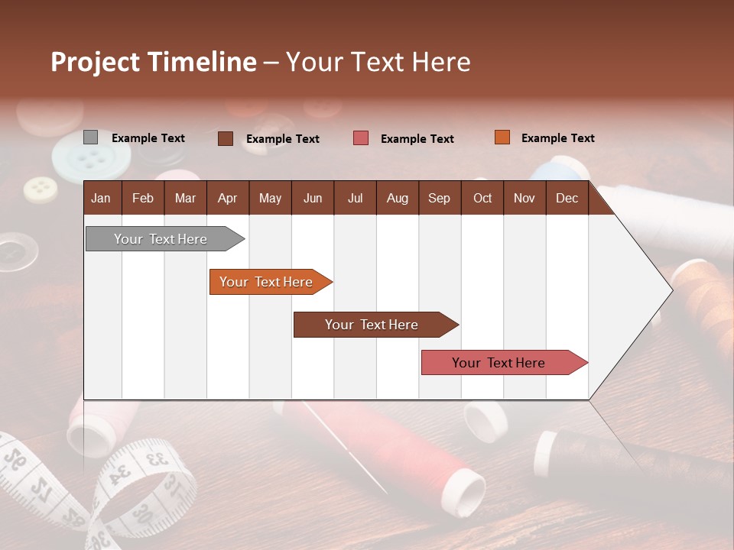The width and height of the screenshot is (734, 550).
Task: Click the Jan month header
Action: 101,198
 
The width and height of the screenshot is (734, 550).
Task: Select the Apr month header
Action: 227,198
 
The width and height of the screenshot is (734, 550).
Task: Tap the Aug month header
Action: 397,198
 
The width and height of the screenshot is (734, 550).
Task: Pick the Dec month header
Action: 567,198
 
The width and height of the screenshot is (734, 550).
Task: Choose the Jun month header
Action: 312,198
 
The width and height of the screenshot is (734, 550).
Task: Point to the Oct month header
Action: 482,198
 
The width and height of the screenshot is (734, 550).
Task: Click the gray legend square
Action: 90,137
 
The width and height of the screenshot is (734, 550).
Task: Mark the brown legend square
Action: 226,138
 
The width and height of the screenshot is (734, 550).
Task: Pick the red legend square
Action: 361,138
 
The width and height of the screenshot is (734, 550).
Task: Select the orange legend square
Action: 502,137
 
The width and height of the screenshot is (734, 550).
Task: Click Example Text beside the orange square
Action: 557,138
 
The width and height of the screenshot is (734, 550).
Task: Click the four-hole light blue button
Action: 89,159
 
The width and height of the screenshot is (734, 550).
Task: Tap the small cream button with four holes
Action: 40,189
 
